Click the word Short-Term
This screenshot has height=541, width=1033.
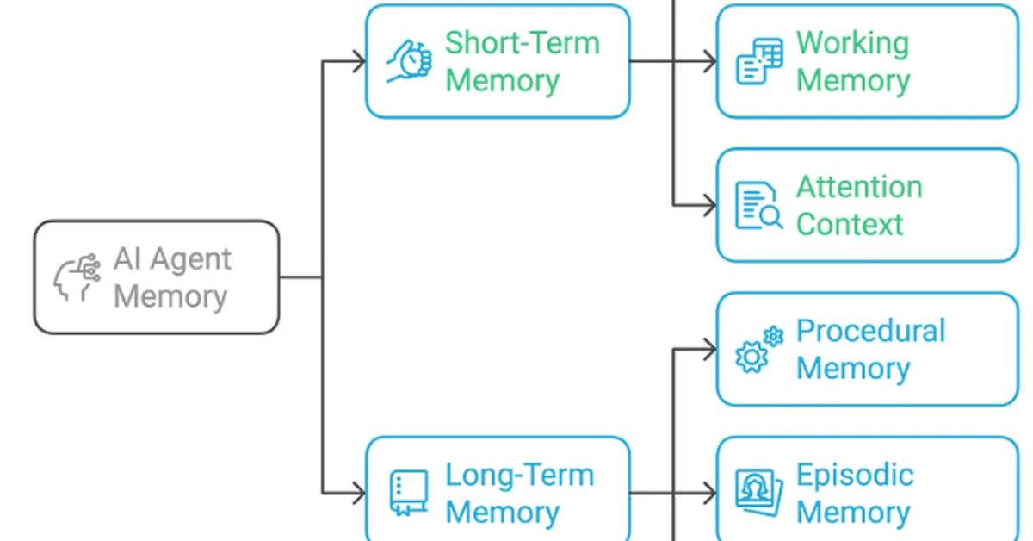[522, 43]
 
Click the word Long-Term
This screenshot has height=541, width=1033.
[519, 475]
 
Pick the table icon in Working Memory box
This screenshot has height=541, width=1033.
[759, 61]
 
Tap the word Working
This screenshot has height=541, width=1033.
[852, 43]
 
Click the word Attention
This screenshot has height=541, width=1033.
[858, 187]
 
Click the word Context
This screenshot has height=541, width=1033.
[849, 224]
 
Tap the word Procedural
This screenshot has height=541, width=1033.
[870, 331]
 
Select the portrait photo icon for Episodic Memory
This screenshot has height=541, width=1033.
[758, 493]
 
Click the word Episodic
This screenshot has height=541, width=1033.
[854, 475]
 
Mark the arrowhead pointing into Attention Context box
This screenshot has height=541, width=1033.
[709, 206]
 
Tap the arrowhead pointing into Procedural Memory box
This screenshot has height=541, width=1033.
[709, 350]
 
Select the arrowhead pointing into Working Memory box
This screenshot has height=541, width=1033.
[709, 61]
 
